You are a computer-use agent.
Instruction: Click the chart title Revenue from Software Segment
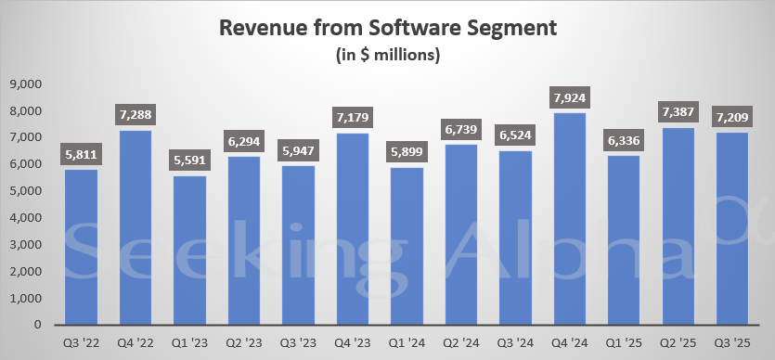[387, 28]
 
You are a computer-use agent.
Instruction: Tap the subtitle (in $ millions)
[387, 55]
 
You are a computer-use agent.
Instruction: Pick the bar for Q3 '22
[82, 247]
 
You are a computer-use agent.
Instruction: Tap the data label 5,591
[190, 160]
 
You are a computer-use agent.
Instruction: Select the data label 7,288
[136, 115]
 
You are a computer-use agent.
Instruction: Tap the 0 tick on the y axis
[40, 326]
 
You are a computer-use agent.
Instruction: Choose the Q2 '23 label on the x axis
[245, 342]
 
